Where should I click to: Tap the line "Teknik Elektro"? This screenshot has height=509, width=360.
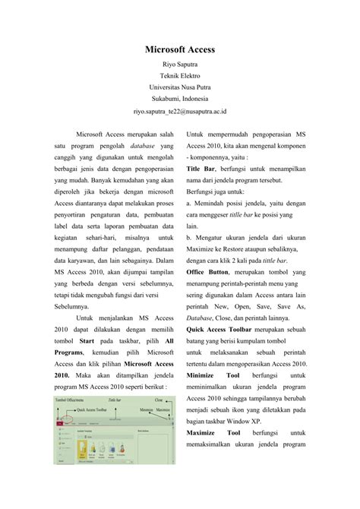[x=180, y=77]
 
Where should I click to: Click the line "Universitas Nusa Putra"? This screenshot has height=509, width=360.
[x=180, y=87]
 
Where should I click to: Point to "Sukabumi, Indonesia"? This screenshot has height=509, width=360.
[x=180, y=99]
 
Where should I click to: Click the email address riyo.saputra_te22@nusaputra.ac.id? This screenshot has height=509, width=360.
[x=180, y=110]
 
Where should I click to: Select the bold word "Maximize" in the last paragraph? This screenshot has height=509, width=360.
[x=202, y=433]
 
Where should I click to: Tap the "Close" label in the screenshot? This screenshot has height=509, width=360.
[x=158, y=397]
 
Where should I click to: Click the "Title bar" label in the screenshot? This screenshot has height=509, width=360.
[x=116, y=397]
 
